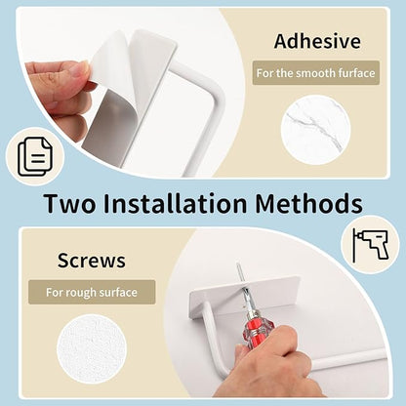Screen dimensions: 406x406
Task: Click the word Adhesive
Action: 317,41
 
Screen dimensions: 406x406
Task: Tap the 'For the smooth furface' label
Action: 316,73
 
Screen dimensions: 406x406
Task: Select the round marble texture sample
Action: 316,130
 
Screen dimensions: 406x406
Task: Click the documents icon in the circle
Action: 35,157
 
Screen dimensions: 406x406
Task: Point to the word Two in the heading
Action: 70,204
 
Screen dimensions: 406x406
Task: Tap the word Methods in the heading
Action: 309,204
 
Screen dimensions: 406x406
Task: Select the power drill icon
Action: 371,245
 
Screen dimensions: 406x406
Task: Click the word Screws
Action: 92,261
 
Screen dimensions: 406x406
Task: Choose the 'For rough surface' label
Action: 92,292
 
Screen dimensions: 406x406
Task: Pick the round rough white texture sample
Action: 92,349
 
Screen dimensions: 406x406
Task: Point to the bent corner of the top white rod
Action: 218,95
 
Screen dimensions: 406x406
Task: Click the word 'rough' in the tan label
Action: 81,293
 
